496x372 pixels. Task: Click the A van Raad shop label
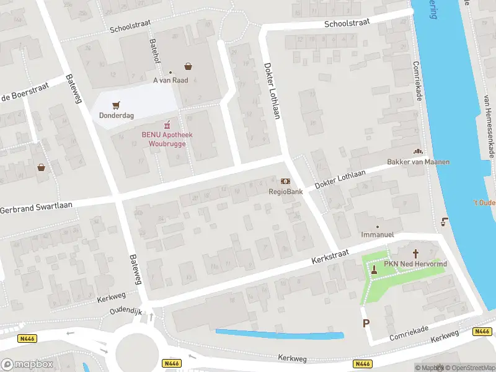pyautogui.click(x=170, y=81)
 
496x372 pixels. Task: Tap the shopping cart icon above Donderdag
pyautogui.click(x=116, y=105)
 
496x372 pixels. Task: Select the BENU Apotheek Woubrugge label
pyautogui.click(x=167, y=139)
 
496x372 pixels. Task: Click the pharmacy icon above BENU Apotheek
pyautogui.click(x=167, y=125)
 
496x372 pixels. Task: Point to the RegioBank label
pyautogui.click(x=285, y=192)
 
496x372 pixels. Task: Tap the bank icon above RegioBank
pyautogui.click(x=285, y=181)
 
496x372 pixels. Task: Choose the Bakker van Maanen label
pyautogui.click(x=418, y=162)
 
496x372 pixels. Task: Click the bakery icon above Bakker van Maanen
pyautogui.click(x=418, y=151)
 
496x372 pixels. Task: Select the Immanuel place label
pyautogui.click(x=378, y=235)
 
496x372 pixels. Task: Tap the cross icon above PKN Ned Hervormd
pyautogui.click(x=416, y=253)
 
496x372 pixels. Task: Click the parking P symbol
pyautogui.click(x=366, y=323)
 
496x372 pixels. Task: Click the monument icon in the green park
pyautogui.click(x=374, y=269)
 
